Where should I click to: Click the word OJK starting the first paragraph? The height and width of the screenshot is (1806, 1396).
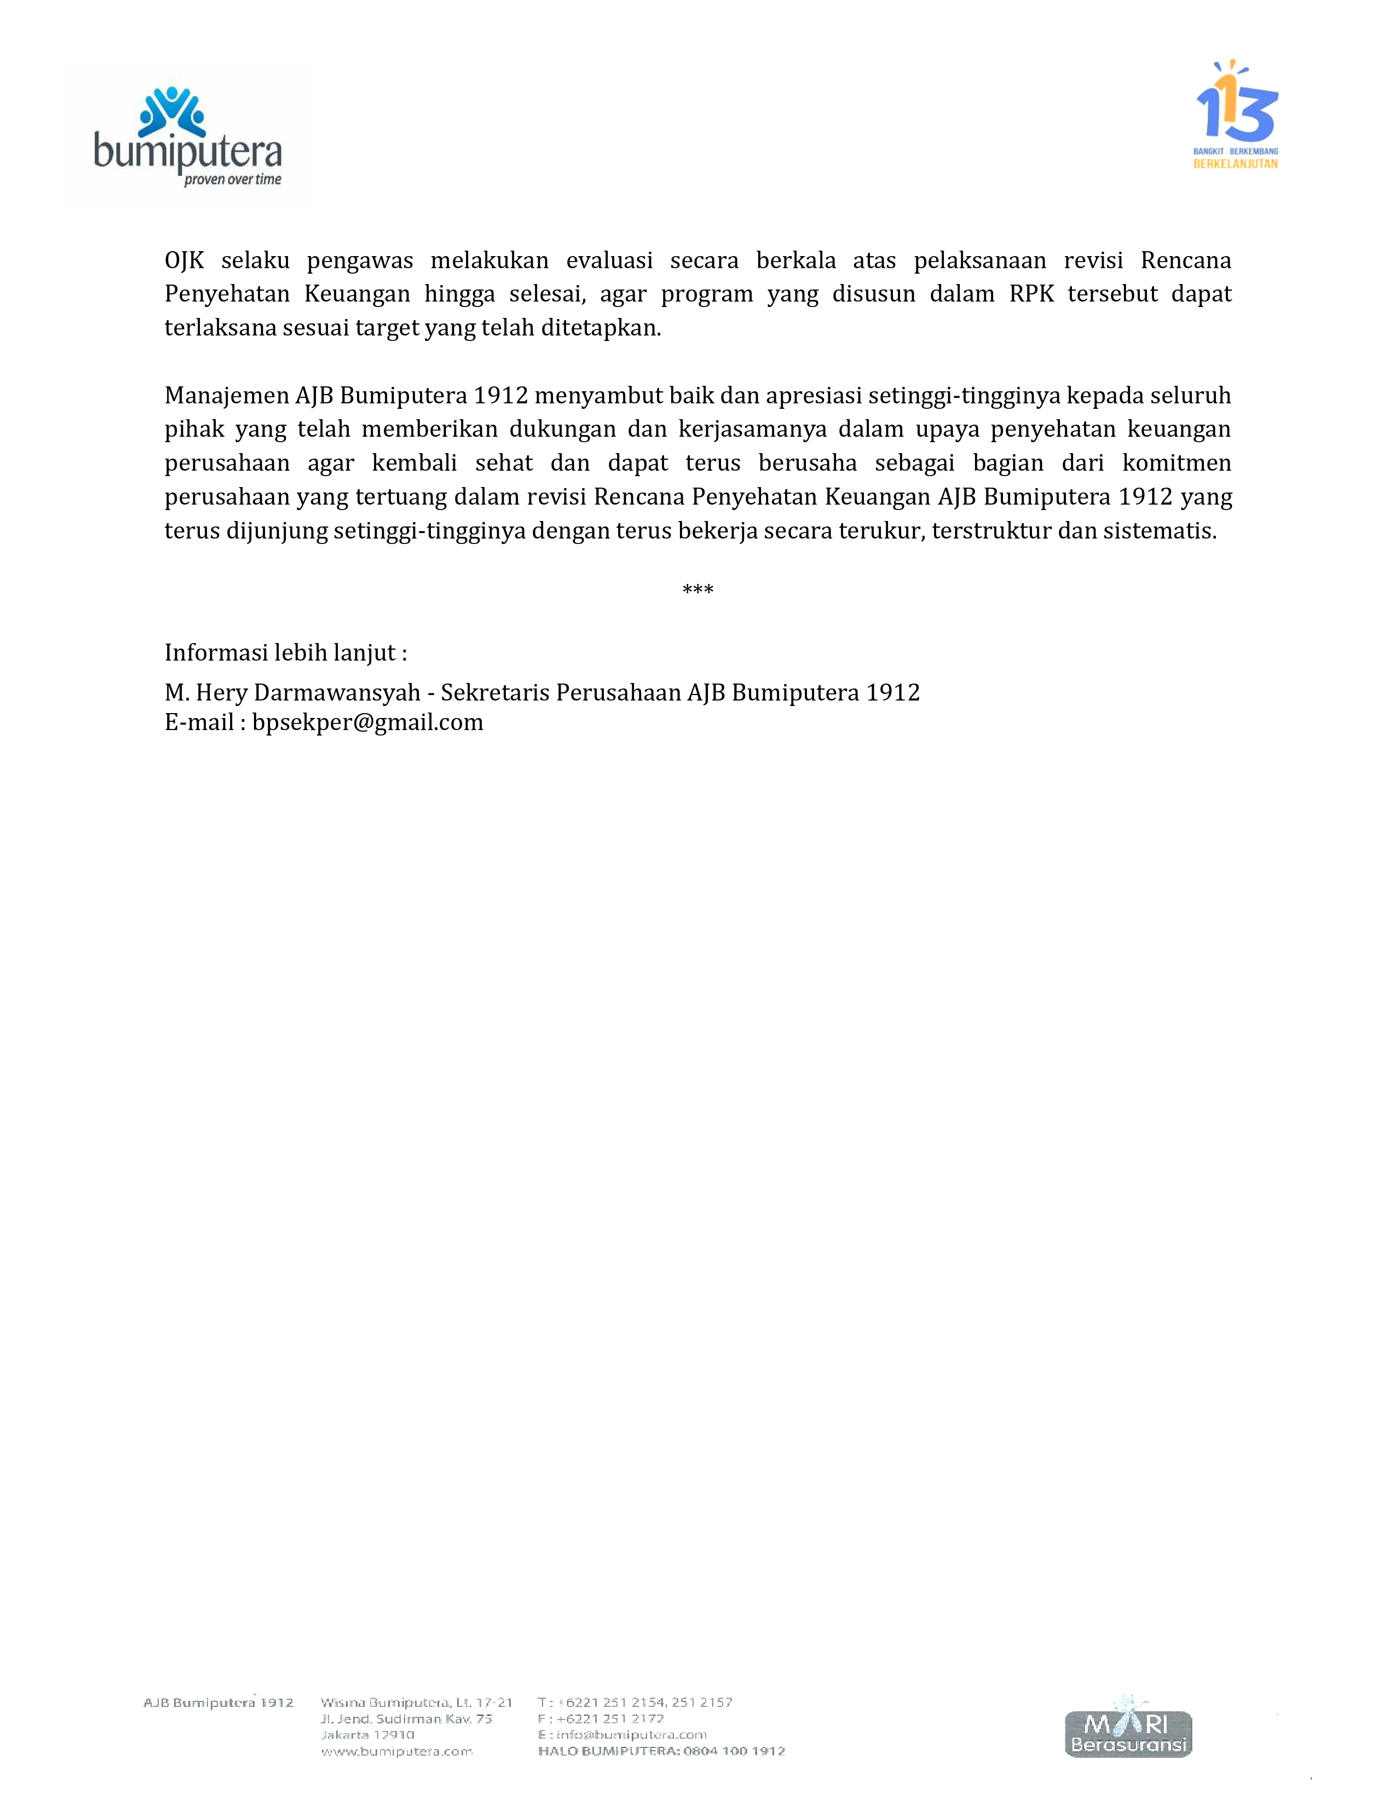[x=183, y=261]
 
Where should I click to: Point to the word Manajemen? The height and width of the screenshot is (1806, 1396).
[x=227, y=395]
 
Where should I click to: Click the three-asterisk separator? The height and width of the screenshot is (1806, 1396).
[x=697, y=589]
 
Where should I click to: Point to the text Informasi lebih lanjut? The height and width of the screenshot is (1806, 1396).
[x=285, y=652]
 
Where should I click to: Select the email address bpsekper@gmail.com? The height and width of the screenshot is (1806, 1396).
[x=367, y=722]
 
